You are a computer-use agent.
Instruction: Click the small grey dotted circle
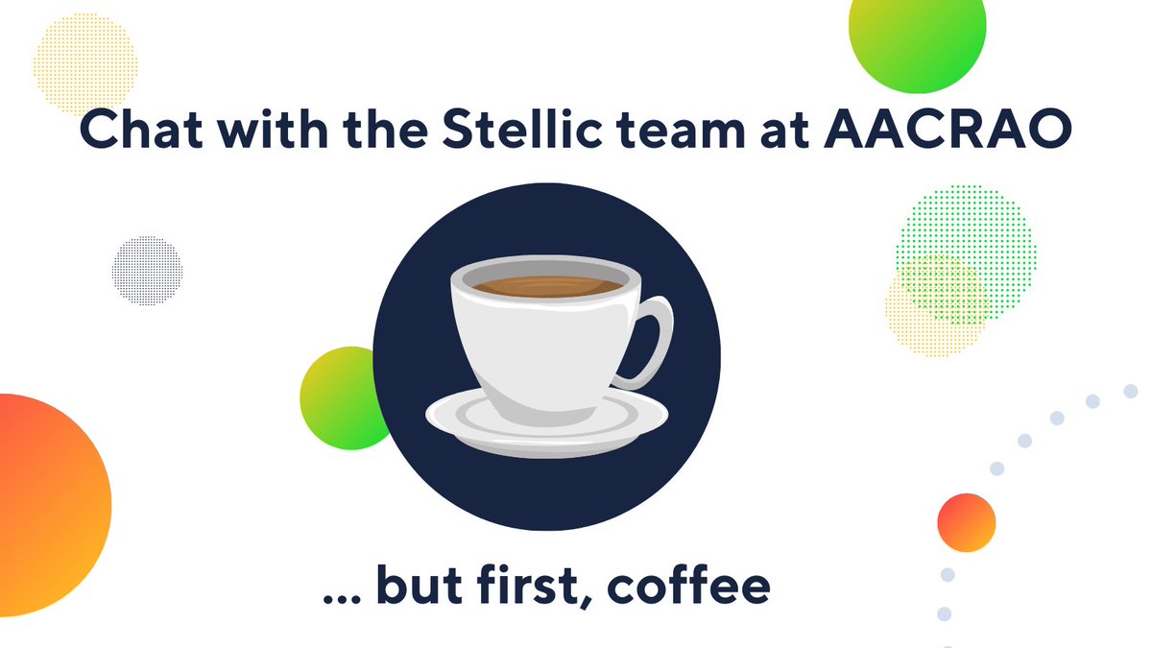click(147, 270)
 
